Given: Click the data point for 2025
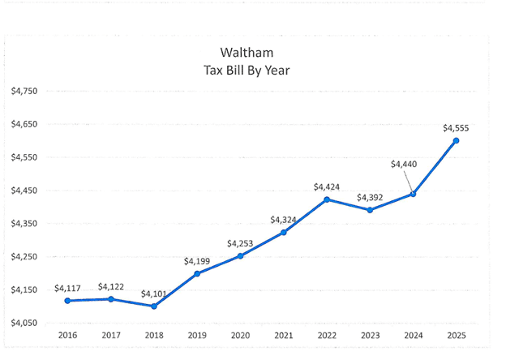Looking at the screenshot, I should (x=456, y=140).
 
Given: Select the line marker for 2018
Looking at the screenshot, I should (x=154, y=306).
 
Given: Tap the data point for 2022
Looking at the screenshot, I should (x=326, y=199).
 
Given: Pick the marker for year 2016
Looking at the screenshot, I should (x=67, y=301).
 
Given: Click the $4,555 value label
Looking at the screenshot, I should (x=456, y=127).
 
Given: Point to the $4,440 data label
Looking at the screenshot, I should (x=403, y=164).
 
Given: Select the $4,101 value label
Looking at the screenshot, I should (x=154, y=294).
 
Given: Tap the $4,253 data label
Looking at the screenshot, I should (x=240, y=243).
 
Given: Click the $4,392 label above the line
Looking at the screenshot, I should (x=370, y=197).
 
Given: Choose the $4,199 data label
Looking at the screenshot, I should (x=197, y=261).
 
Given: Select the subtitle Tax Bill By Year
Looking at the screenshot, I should (x=246, y=71).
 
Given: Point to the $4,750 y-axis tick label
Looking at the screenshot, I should (x=24, y=92).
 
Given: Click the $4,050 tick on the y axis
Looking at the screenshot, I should (x=24, y=323).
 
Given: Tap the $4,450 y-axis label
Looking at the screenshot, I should (x=24, y=191).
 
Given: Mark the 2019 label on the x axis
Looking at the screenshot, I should (x=197, y=335).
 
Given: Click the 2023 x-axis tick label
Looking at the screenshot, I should (x=370, y=335).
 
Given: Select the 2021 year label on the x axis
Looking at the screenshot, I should (x=283, y=335).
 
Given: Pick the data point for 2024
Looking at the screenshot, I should (x=413, y=194).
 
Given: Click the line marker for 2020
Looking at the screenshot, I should (x=240, y=255).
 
